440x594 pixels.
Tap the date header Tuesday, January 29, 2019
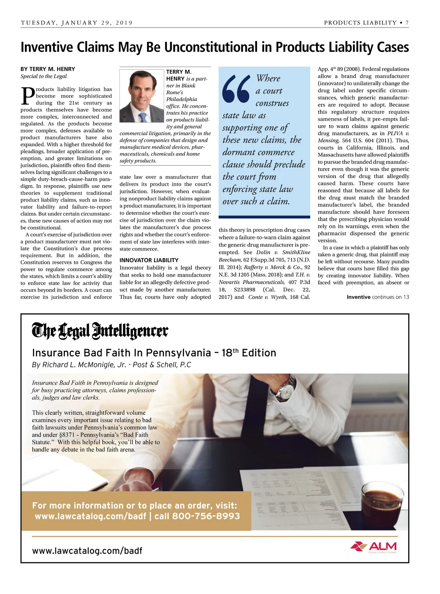[x=77, y=23]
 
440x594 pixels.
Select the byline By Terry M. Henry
[x=48, y=69]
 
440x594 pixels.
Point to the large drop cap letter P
[x=27, y=96]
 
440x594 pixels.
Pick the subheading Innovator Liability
[x=149, y=260]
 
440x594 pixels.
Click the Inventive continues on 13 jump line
[x=378, y=297]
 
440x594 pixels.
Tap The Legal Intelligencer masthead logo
[x=100, y=331]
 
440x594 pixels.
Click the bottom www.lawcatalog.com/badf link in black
[x=87, y=551]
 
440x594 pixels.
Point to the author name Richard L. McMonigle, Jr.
[x=85, y=365]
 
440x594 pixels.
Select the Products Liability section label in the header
[x=360, y=23]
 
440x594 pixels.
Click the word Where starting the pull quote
[x=268, y=79]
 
